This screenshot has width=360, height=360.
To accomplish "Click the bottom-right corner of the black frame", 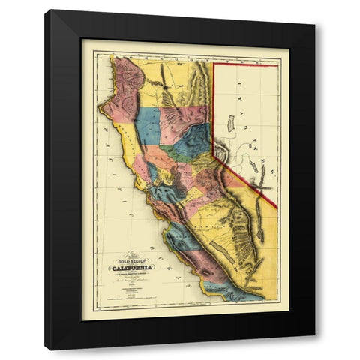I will (314, 349).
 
